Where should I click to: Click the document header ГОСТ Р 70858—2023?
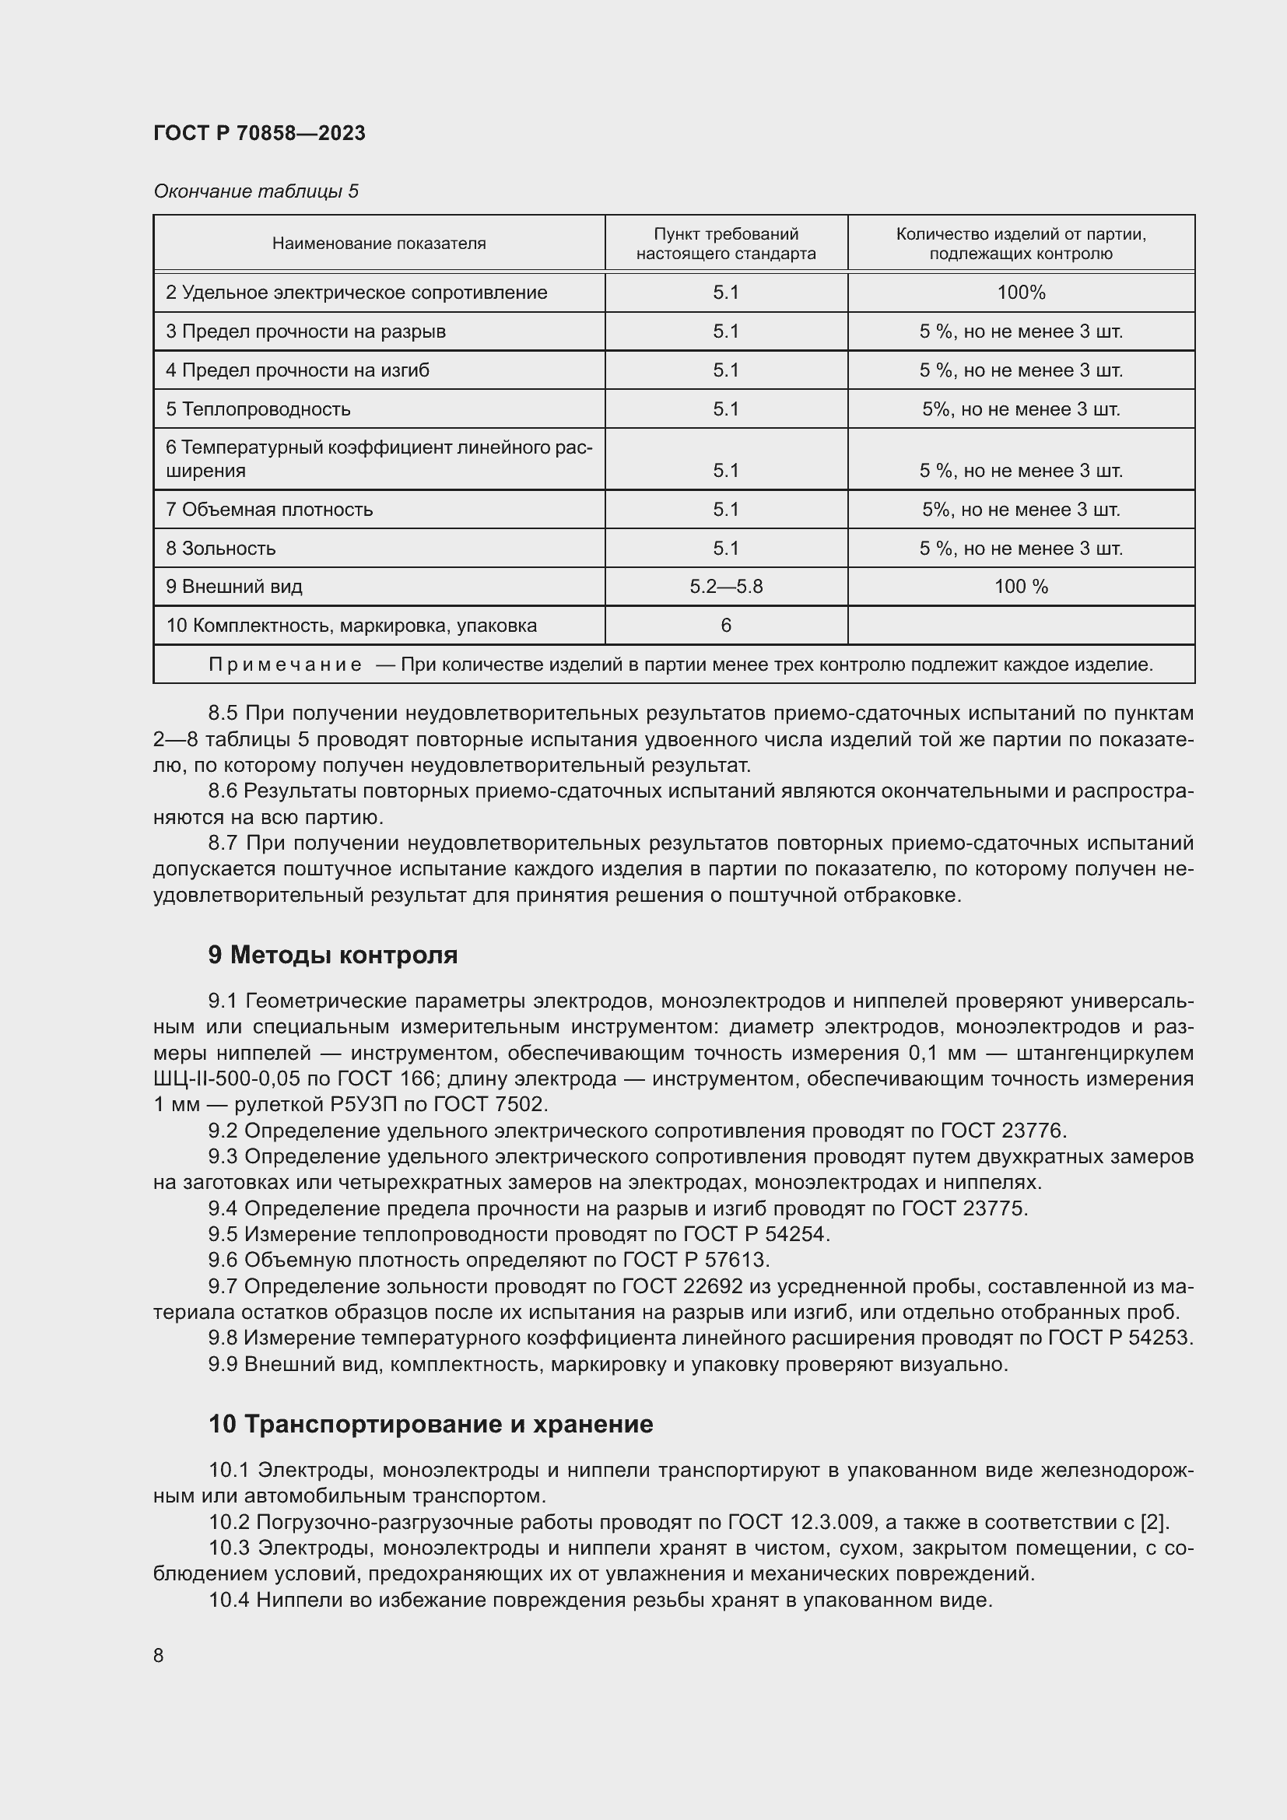[259, 133]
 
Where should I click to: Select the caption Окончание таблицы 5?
[255, 191]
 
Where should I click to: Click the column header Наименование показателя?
[379, 244]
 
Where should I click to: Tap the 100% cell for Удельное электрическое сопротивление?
[1021, 293]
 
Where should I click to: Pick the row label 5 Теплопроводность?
[258, 409]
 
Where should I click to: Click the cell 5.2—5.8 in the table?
[725, 587]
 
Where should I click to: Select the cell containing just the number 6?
[725, 626]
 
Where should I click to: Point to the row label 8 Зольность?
[220, 548]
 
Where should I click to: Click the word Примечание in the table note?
[285, 665]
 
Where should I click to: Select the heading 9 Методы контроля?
[333, 956]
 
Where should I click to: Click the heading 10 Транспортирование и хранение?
[430, 1425]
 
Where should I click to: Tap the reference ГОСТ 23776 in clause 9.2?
[1003, 1131]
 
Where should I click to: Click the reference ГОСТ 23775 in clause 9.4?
[963, 1208]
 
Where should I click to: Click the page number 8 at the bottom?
[159, 1655]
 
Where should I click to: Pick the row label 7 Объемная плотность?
[269, 509]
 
